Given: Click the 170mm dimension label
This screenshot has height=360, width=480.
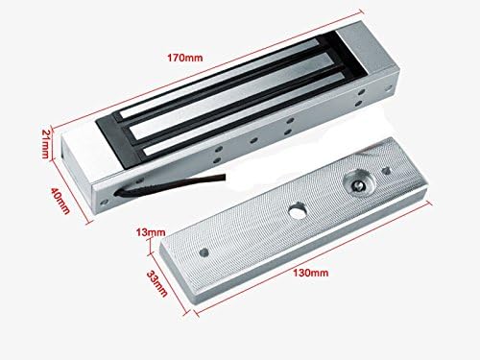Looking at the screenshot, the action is pyautogui.click(x=185, y=58).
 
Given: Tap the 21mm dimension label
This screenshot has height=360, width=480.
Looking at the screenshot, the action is pyautogui.click(x=46, y=143).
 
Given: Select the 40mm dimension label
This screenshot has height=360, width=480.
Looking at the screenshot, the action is pyautogui.click(x=60, y=201).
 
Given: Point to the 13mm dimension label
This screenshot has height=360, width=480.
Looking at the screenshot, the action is pyautogui.click(x=151, y=232).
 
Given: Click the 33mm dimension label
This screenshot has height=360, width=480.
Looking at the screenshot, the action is pyautogui.click(x=157, y=283).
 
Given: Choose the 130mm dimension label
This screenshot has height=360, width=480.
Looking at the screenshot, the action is pyautogui.click(x=311, y=273).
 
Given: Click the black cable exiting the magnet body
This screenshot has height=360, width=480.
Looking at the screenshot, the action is pyautogui.click(x=170, y=183).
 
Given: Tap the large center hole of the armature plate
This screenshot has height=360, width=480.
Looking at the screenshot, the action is pyautogui.click(x=298, y=210).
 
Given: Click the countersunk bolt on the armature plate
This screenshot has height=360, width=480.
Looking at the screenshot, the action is pyautogui.click(x=357, y=185).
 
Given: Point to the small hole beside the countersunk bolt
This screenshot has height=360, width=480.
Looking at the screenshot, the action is pyautogui.click(x=386, y=171).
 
